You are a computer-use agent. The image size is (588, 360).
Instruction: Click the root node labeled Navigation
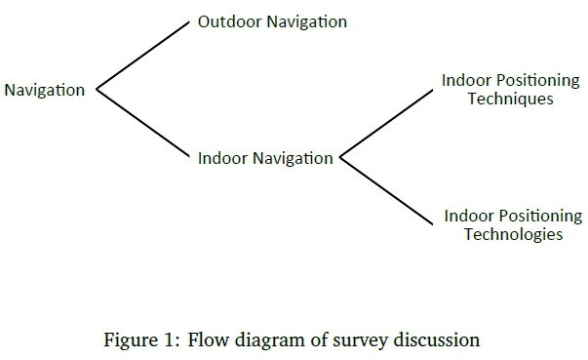(45, 90)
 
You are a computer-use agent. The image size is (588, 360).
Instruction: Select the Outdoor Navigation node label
(272, 21)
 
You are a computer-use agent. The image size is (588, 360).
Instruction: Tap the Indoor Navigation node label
(265, 158)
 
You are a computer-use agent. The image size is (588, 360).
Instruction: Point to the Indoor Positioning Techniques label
(511, 89)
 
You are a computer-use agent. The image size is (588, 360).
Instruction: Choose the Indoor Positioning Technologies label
(513, 225)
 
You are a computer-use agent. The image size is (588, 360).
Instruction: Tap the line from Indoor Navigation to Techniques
(385, 124)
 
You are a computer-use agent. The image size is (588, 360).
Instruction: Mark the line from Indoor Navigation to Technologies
(385, 191)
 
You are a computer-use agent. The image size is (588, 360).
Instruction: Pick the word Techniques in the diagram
(511, 99)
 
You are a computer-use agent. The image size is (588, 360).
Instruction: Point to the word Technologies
(513, 235)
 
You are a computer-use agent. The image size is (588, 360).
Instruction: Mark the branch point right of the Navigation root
(96, 90)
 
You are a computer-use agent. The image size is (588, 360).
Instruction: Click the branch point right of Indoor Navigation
(339, 157)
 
